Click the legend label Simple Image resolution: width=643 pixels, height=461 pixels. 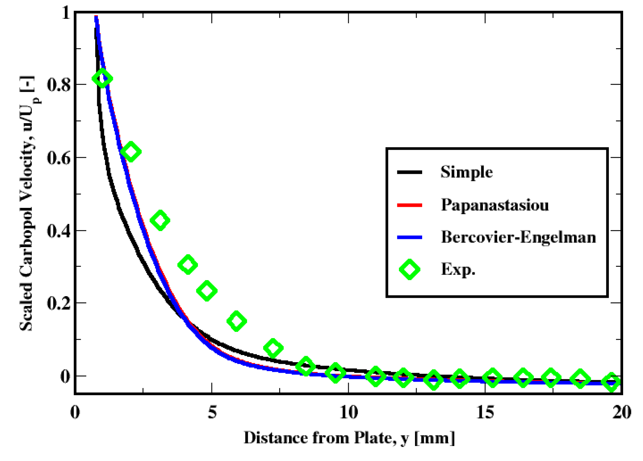point(466,172)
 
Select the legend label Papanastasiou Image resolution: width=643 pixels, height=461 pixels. point(495,205)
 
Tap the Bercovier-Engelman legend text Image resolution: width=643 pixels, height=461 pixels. point(518,237)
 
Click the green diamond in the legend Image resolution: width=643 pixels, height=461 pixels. point(409,269)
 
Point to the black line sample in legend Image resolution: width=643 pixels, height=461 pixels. point(409,172)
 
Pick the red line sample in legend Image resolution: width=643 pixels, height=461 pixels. point(409,205)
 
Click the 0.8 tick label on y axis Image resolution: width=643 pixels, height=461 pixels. point(59,85)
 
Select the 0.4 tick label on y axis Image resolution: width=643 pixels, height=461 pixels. point(59,231)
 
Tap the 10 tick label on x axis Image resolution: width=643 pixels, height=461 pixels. point(348,412)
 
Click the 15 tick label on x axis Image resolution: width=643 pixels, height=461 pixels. point(485,412)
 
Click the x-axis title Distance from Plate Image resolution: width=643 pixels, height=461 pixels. point(349,437)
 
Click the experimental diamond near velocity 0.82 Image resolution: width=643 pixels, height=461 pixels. point(102,79)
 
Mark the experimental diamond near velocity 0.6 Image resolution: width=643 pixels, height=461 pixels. point(131,152)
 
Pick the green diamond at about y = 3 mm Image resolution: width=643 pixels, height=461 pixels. point(160,220)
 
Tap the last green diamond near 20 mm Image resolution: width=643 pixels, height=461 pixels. point(611,382)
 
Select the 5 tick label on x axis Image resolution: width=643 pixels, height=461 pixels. point(212,412)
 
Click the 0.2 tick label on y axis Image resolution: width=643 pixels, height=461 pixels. point(59,303)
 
